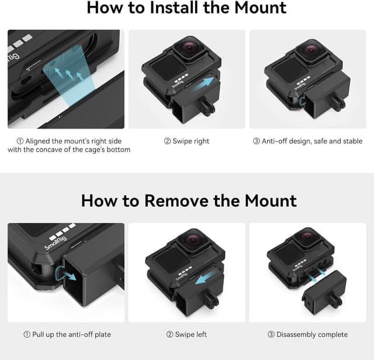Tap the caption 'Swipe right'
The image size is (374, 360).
[x=186, y=141]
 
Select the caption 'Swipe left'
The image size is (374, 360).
[x=186, y=335]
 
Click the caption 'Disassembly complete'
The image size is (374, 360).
[x=308, y=335]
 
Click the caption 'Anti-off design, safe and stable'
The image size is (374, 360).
[x=308, y=141]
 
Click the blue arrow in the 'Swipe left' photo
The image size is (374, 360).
[x=208, y=277]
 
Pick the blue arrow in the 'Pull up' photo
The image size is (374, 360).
[x=70, y=273]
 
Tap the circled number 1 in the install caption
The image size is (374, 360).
[x=20, y=141]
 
